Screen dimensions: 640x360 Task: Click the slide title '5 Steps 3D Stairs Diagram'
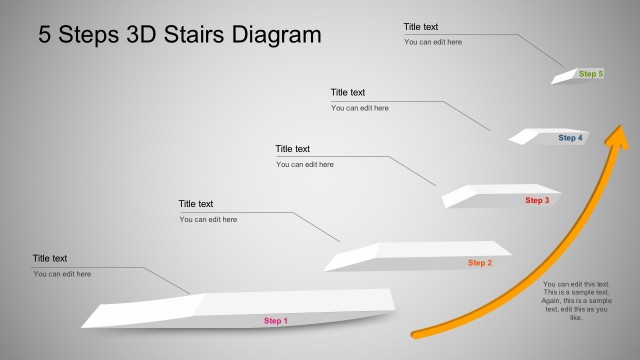point(180,35)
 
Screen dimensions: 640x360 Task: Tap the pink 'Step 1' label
point(275,321)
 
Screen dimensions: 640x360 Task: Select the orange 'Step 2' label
point(479,263)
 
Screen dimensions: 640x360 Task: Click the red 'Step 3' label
point(537,200)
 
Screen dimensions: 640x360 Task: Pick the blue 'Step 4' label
point(570,138)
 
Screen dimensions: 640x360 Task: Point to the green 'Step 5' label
point(591,74)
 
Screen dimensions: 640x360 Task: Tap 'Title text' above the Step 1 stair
point(50,258)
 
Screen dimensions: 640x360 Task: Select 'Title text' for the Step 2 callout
point(196,204)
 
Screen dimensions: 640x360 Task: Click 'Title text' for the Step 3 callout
point(293,149)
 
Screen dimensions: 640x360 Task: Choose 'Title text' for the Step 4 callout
point(348,93)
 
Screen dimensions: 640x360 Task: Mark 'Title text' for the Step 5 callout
point(421,27)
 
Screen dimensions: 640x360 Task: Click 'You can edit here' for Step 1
point(62,274)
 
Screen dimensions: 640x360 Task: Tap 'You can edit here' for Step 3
point(305,164)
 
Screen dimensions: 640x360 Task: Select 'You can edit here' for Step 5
point(433,42)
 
